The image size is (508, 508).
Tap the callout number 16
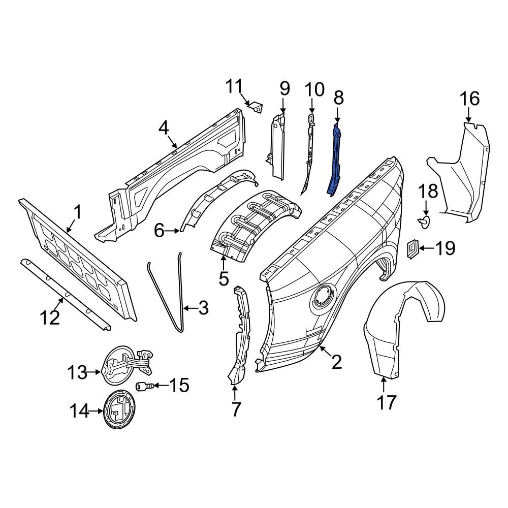[470, 99]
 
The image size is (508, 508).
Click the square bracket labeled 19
[412, 248]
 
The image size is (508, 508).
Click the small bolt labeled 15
[143, 387]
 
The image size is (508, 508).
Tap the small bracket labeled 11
[256, 106]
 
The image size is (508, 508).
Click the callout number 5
[224, 278]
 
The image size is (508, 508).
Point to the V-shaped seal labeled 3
[168, 295]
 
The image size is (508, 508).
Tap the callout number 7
[236, 408]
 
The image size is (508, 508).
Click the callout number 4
[163, 129]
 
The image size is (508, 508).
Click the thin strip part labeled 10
[309, 152]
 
